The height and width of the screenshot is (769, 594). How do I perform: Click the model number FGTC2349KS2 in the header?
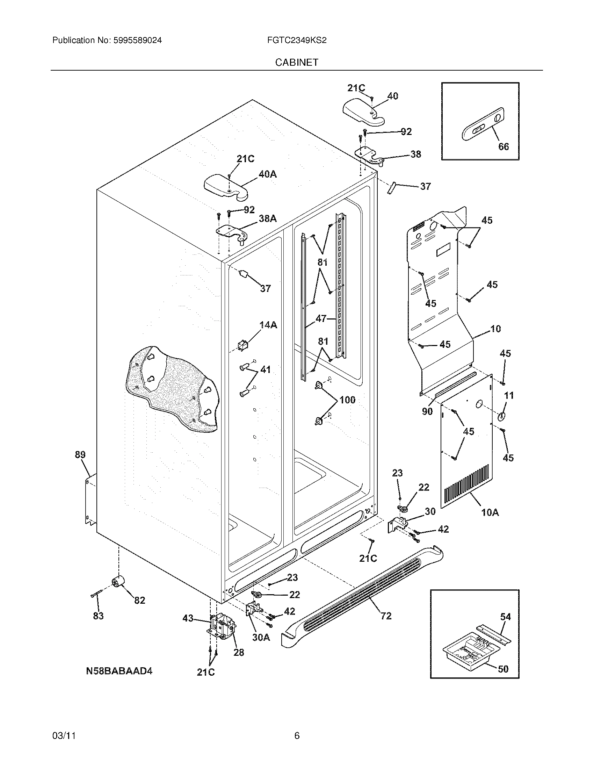[297, 41]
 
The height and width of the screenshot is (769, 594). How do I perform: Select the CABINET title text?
[297, 62]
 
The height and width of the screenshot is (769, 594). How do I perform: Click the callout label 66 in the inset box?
[504, 146]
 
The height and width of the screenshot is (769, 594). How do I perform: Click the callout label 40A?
[267, 174]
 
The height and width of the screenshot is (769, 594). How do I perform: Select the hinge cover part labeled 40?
[362, 112]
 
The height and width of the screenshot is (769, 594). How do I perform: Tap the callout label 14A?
[268, 325]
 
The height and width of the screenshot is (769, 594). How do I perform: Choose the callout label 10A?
[490, 513]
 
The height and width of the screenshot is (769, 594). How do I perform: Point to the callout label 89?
[80, 454]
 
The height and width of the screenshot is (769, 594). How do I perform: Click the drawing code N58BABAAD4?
[119, 671]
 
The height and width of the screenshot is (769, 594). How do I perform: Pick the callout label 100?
[347, 400]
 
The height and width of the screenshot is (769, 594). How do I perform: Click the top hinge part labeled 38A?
[231, 232]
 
